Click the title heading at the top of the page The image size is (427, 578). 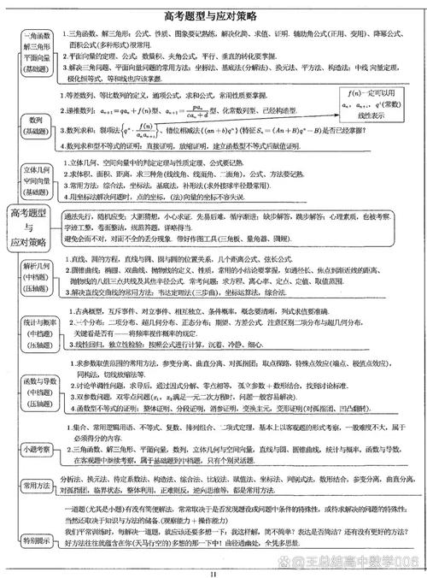(x=213, y=16)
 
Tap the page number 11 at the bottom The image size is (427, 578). (x=213, y=572)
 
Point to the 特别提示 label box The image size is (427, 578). (x=35, y=540)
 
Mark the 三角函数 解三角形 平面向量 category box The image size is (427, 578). (x=35, y=50)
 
